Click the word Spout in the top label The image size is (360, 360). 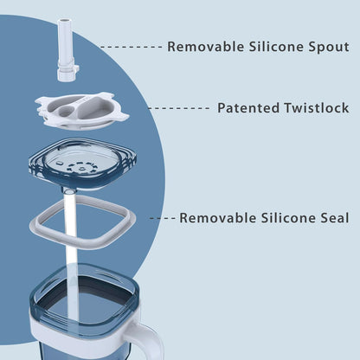tap(329, 47)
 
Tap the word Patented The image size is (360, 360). tap(248, 108)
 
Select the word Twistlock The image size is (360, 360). tap(317, 108)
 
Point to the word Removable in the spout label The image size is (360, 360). tap(206, 47)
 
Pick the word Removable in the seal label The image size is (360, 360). tap(218, 218)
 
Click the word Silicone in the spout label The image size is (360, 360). tap(276, 47)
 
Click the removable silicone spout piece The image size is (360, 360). tap(67, 49)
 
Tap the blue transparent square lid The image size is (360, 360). tap(82, 164)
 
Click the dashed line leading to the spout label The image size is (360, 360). tap(132, 47)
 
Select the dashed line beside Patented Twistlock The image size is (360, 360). tap(179, 108)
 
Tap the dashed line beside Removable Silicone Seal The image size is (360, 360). tap(163, 218)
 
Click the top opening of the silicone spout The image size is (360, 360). tap(63, 21)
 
